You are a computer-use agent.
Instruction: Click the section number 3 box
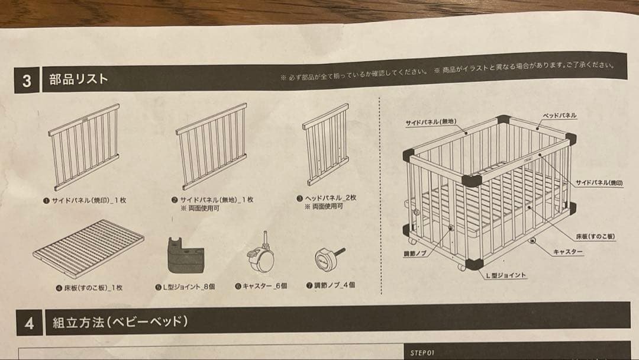pos(27,80)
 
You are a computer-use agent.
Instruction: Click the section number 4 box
pos(30,323)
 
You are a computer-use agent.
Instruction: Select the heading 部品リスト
pos(79,79)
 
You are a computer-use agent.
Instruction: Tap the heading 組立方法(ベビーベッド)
pos(120,322)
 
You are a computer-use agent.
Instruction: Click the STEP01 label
pos(422,353)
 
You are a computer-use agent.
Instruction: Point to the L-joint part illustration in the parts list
pos(185,256)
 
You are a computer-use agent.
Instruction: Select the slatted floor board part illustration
pos(88,249)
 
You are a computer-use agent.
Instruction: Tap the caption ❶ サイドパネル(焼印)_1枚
pos(85,201)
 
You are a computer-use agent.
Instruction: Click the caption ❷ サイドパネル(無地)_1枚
pos(212,200)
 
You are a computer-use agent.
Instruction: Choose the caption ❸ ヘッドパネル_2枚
pos(327,198)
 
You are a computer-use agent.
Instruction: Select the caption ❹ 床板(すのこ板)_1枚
pos(89,288)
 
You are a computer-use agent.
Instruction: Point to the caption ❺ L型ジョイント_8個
pos(185,287)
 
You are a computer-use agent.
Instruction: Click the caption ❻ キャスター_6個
pos(262,286)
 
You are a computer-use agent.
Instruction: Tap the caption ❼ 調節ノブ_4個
pos(331,285)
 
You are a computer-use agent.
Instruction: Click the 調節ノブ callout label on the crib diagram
pos(415,253)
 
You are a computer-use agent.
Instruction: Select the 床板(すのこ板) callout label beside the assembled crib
pos(595,236)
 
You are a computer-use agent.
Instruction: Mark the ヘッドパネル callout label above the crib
pos(559,116)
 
